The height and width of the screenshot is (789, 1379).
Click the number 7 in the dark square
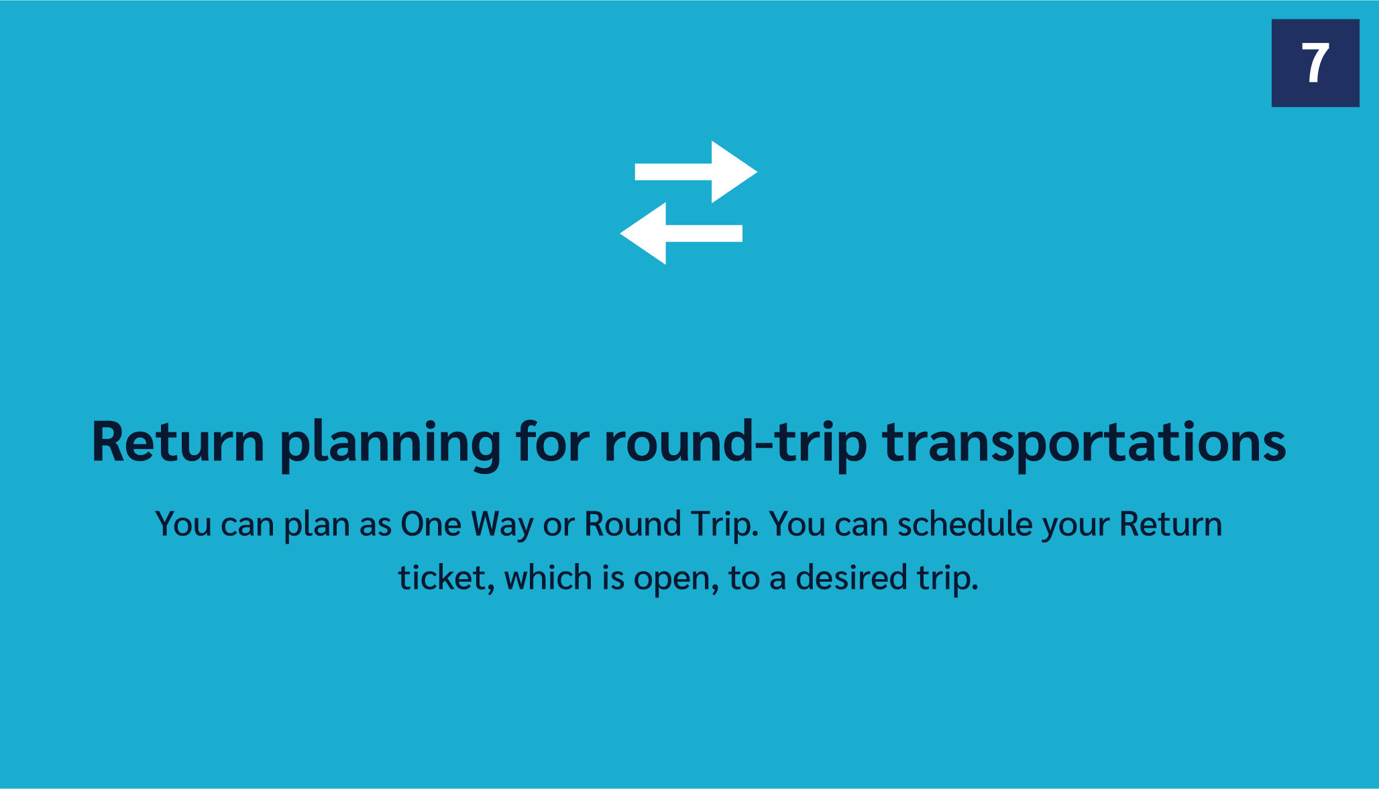[1315, 63]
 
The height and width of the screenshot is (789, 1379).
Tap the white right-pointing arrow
[696, 172]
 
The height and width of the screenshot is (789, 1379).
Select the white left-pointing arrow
[681, 233]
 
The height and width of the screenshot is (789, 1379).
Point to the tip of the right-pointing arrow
[757, 172]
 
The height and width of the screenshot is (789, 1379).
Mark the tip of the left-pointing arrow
[620, 233]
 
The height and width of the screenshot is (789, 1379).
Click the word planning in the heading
[390, 444]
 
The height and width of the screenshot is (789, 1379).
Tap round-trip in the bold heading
[736, 444]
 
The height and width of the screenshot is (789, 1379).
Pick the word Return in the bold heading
[178, 442]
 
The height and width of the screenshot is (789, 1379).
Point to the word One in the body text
[431, 524]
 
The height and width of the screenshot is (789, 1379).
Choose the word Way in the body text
[502, 526]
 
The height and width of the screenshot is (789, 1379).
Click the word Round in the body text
[632, 524]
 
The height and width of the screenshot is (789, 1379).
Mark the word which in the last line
[548, 578]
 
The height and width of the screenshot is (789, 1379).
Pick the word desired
[850, 578]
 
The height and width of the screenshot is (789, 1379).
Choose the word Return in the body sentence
[1171, 524]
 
